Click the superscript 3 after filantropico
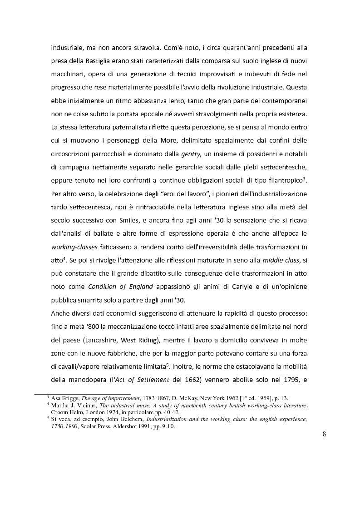[307, 178]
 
